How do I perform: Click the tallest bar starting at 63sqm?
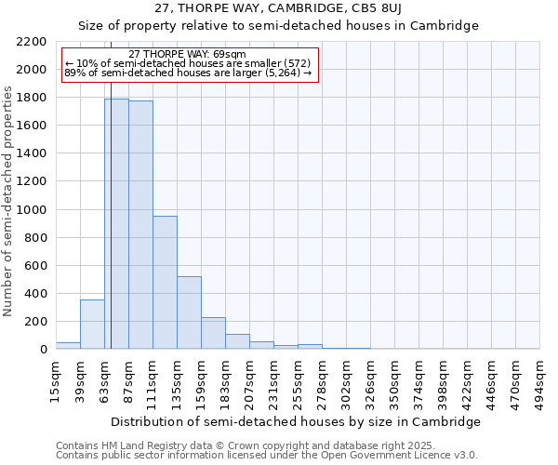pos(116,223)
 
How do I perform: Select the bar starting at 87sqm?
pos(140,224)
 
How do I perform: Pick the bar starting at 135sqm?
pos(189,312)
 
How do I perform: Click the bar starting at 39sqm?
pos(92,325)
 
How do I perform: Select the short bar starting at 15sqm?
pos(68,345)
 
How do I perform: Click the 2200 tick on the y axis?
pos(33,42)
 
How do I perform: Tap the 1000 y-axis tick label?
pos(33,210)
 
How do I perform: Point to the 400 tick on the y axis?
pos(35,294)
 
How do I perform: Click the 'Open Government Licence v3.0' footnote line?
pos(267,456)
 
